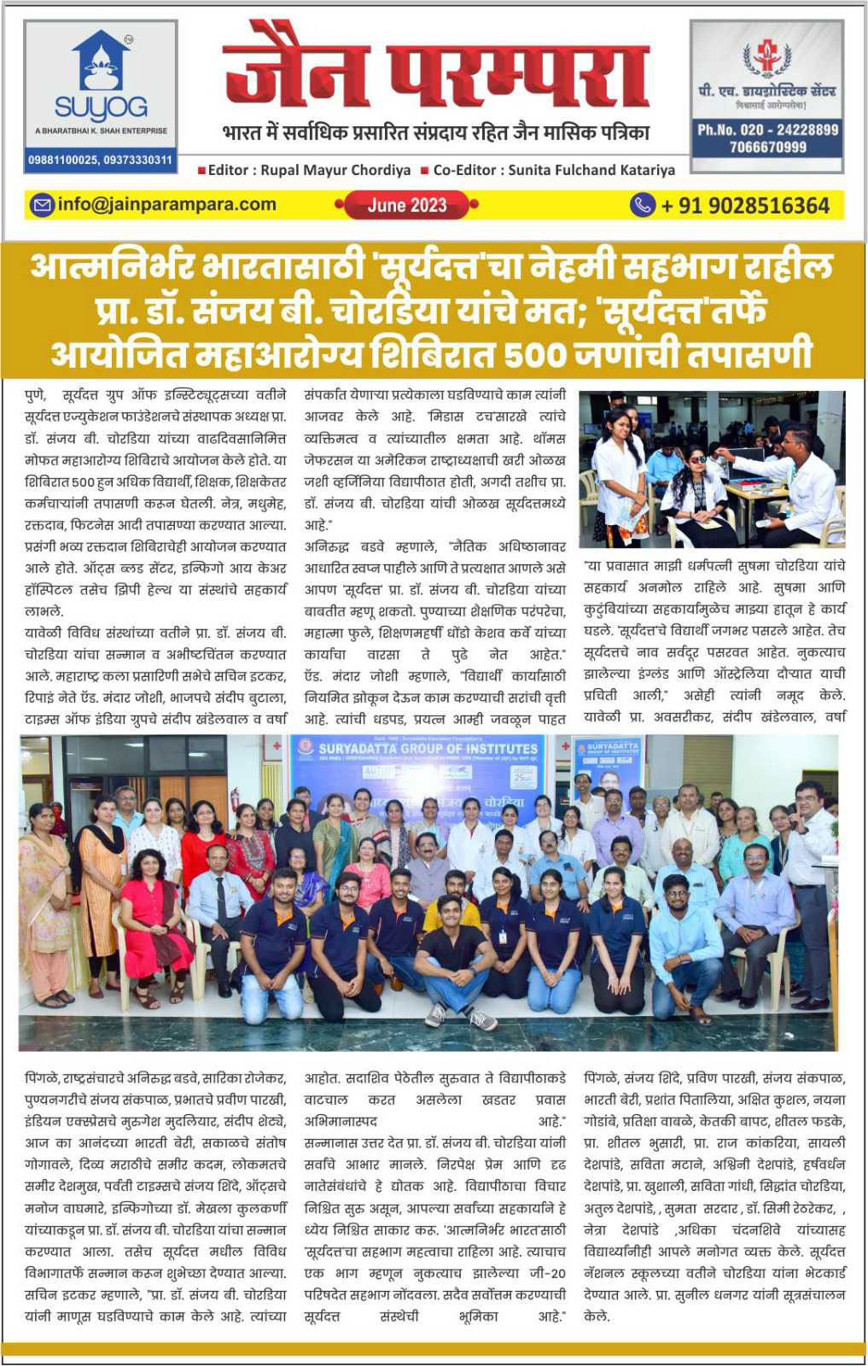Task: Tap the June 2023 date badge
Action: point(407,205)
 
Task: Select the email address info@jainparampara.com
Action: point(166,205)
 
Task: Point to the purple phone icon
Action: point(642,205)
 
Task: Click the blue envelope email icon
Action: point(42,205)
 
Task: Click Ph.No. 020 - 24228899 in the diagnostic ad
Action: point(767,131)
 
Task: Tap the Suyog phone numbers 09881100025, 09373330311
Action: point(101,160)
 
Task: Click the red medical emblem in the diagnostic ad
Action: point(766,56)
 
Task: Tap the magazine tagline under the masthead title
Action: point(435,132)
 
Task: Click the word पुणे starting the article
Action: point(37,396)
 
